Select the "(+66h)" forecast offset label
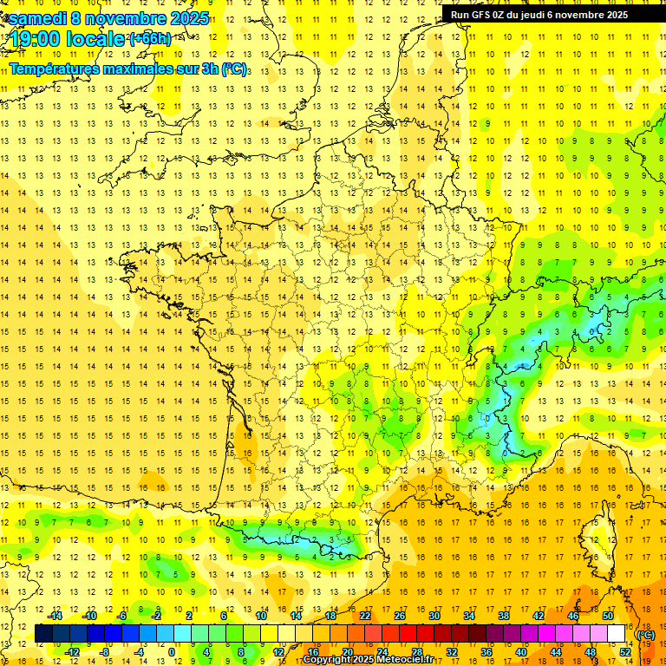click(x=150, y=39)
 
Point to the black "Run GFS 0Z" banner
click(x=545, y=14)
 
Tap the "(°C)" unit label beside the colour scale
click(x=646, y=634)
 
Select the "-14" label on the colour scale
click(x=55, y=616)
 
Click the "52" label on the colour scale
click(x=625, y=651)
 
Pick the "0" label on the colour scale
click(x=172, y=651)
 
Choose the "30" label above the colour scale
click(x=434, y=616)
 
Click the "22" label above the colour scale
click(x=365, y=616)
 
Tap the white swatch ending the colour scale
click(x=617, y=634)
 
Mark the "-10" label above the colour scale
click(x=89, y=616)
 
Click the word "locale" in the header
click(x=96, y=39)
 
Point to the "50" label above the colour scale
click(x=608, y=616)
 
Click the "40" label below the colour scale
click(x=521, y=651)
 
